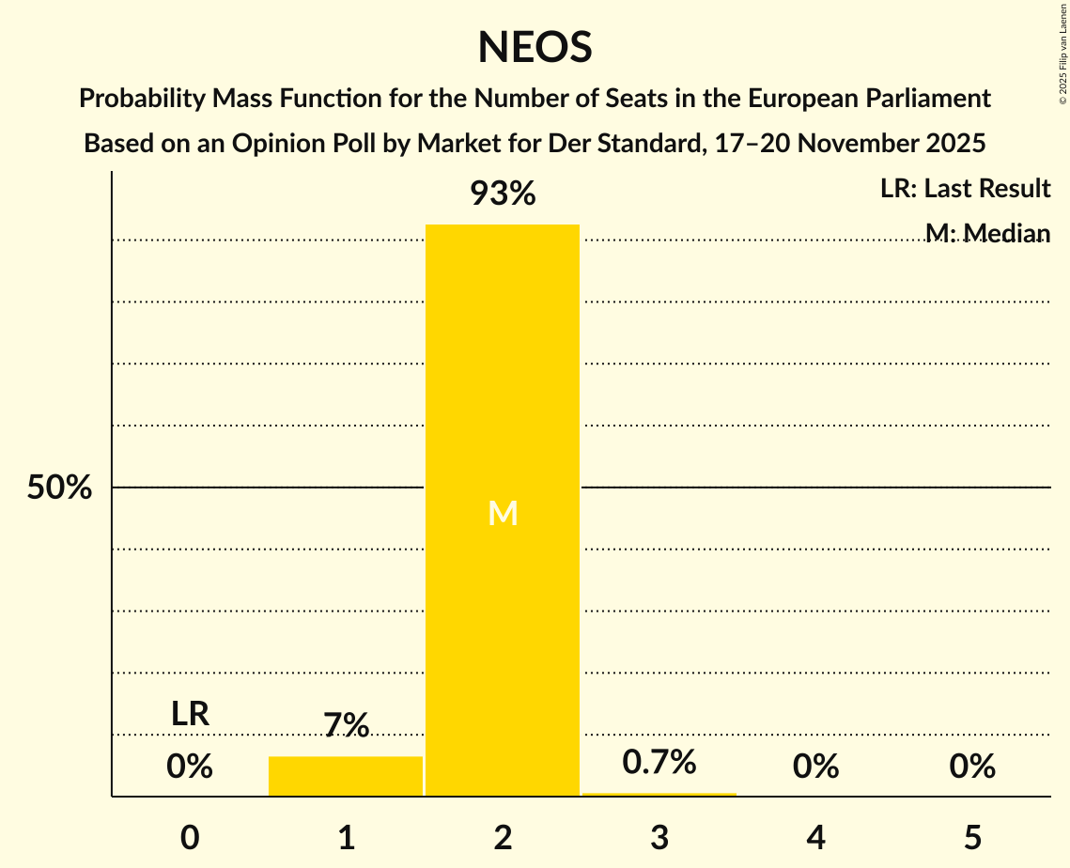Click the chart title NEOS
(x=535, y=47)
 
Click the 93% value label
(x=503, y=194)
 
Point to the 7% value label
(x=346, y=725)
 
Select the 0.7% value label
(x=659, y=762)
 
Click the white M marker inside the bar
(x=503, y=513)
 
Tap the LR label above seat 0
(x=190, y=714)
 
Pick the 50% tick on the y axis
(x=59, y=488)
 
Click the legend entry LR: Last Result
(x=965, y=189)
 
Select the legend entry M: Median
(x=986, y=233)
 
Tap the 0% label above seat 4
(x=815, y=767)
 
